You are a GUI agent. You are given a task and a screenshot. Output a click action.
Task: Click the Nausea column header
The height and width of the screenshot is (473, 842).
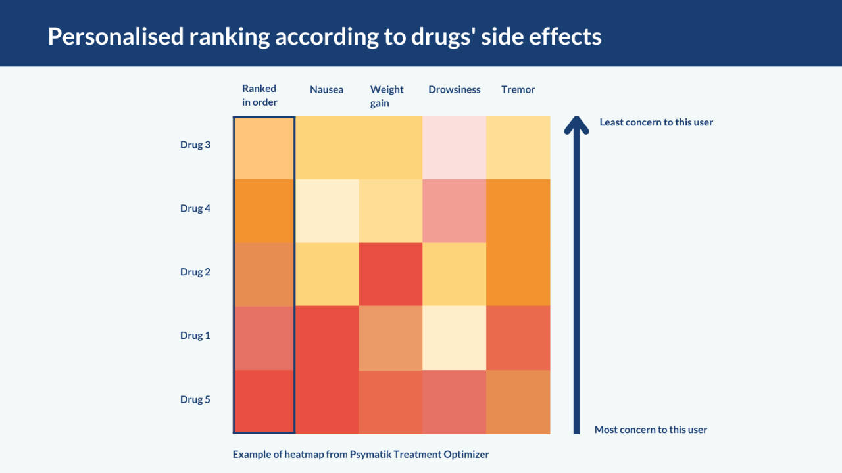[326, 89]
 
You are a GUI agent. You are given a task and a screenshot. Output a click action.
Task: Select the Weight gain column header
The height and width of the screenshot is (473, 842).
[386, 96]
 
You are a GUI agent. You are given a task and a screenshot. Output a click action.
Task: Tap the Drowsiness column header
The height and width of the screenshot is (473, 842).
[454, 89]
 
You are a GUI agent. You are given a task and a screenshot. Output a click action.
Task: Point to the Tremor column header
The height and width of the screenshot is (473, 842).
[518, 89]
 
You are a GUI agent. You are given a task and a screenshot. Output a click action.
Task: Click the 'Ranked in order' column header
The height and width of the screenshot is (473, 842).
[259, 95]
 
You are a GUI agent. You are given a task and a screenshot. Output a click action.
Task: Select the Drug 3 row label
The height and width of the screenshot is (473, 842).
[195, 145]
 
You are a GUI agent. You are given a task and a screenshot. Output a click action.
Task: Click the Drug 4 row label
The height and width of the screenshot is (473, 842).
[195, 208]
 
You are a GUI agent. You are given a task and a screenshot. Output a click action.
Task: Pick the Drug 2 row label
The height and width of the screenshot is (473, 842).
[195, 271]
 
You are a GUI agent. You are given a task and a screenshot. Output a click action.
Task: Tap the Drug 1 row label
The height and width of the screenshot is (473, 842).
[195, 335]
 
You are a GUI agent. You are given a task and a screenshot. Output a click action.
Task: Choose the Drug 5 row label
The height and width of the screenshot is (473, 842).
[195, 399]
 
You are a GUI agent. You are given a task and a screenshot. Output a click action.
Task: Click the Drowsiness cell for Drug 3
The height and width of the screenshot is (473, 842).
[454, 147]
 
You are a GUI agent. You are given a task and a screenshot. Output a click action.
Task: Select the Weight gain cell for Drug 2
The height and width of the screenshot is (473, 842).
[391, 275]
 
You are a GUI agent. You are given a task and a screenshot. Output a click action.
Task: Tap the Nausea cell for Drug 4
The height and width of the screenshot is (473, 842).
[327, 211]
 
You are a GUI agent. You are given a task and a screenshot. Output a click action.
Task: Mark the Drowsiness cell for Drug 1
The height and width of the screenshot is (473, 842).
[454, 338]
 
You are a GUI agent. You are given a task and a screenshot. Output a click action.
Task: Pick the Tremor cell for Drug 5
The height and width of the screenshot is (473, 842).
[518, 402]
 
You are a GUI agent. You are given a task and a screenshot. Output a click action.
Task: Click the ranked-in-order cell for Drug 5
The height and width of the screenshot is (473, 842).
[264, 401]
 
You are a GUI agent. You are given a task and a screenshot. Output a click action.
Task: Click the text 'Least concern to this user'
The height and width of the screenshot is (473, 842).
[656, 122]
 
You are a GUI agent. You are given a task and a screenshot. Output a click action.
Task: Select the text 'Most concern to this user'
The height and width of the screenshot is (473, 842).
[651, 430]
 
